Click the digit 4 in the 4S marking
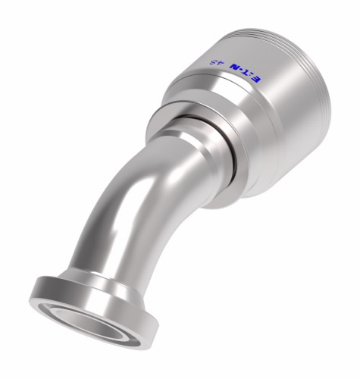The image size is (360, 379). click(211, 63)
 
